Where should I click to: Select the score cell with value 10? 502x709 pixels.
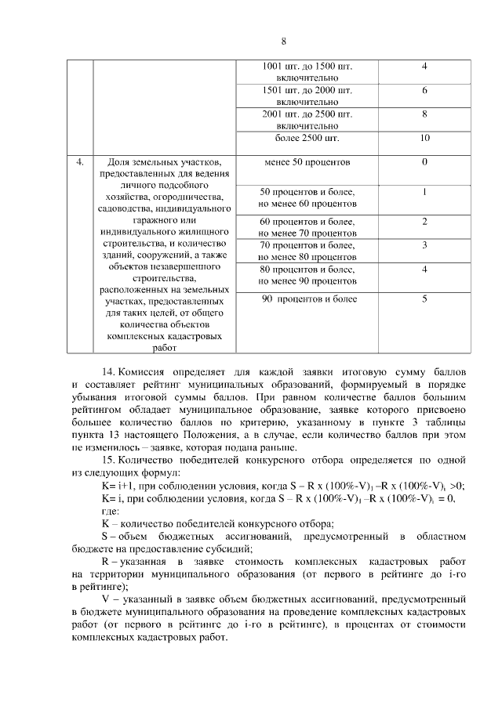[x=424, y=139]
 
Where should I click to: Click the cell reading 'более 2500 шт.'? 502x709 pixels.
[x=307, y=139]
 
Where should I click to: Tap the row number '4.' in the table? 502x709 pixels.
[x=80, y=163]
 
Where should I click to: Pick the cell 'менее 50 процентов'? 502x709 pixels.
[x=307, y=162]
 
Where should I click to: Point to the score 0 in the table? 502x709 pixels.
[x=424, y=162]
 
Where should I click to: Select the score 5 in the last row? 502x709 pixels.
[x=424, y=298]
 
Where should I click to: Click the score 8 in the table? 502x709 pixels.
[x=424, y=114]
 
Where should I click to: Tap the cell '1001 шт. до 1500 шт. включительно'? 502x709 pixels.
[x=307, y=72]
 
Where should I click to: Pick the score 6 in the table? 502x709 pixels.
[x=424, y=90]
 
